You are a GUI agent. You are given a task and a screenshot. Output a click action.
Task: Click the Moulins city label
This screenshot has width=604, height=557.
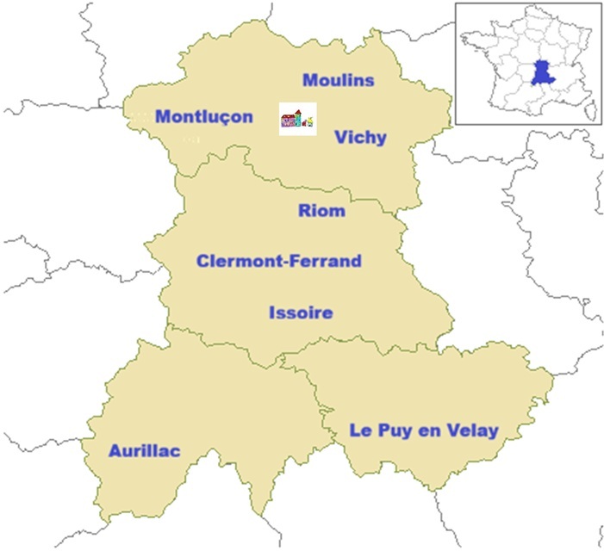[x=339, y=80]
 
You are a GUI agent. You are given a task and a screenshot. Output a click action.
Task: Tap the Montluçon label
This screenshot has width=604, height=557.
[x=204, y=116]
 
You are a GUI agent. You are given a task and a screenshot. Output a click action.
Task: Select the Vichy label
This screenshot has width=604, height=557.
[x=361, y=137]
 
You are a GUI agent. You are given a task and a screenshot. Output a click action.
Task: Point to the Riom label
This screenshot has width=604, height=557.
[x=321, y=210]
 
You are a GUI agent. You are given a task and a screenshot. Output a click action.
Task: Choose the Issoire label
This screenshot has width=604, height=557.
[x=300, y=313]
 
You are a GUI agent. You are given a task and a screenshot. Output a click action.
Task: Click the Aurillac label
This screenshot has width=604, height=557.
[x=144, y=451]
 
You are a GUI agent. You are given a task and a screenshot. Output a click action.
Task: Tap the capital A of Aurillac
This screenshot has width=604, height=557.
[x=115, y=451]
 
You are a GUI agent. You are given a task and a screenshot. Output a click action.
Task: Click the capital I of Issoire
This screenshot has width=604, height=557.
[x=271, y=313]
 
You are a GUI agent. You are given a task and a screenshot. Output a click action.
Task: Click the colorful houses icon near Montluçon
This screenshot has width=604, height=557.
[x=297, y=118]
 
